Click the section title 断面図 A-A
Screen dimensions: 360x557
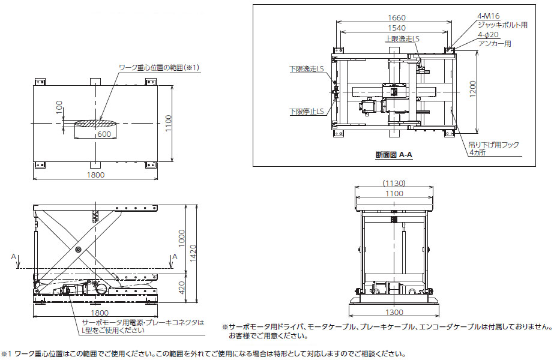(x=393, y=155)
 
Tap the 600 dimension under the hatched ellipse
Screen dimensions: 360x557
(x=103, y=134)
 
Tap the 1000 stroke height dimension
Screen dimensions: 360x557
(x=182, y=238)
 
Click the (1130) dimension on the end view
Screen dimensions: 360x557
(x=394, y=183)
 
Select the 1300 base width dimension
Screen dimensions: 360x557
(x=394, y=313)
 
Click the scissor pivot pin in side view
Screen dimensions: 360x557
(x=78, y=250)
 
